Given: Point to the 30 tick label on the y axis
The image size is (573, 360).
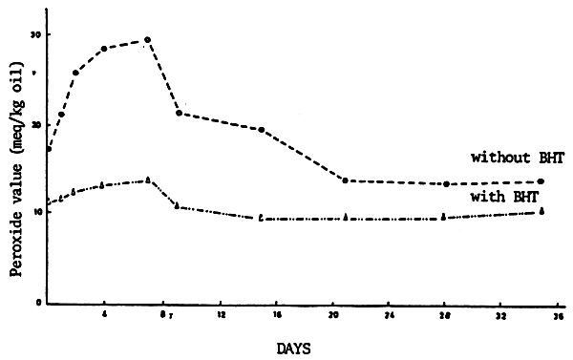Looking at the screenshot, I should pyautogui.click(x=36, y=34).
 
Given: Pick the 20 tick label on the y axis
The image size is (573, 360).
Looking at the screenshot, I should pyautogui.click(x=36, y=124).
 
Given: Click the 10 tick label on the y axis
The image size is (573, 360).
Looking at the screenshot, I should pyautogui.click(x=36, y=213).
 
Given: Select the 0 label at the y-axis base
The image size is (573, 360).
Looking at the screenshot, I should pyautogui.click(x=38, y=304).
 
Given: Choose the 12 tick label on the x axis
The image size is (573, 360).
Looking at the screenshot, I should pyautogui.click(x=222, y=313).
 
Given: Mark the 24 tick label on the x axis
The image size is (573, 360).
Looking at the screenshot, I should pyautogui.click(x=390, y=313).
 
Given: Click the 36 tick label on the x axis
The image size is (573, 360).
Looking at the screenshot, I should pyautogui.click(x=559, y=313).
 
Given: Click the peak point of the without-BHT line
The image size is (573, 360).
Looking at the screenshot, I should pyautogui.click(x=147, y=40).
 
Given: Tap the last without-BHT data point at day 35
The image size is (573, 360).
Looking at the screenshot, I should pyautogui.click(x=541, y=181).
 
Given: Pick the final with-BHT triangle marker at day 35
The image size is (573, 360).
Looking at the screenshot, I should pyautogui.click(x=541, y=211).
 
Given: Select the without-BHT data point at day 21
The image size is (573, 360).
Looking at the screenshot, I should pyautogui.click(x=344, y=180).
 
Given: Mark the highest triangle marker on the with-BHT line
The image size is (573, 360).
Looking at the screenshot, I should pyautogui.click(x=147, y=180).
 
